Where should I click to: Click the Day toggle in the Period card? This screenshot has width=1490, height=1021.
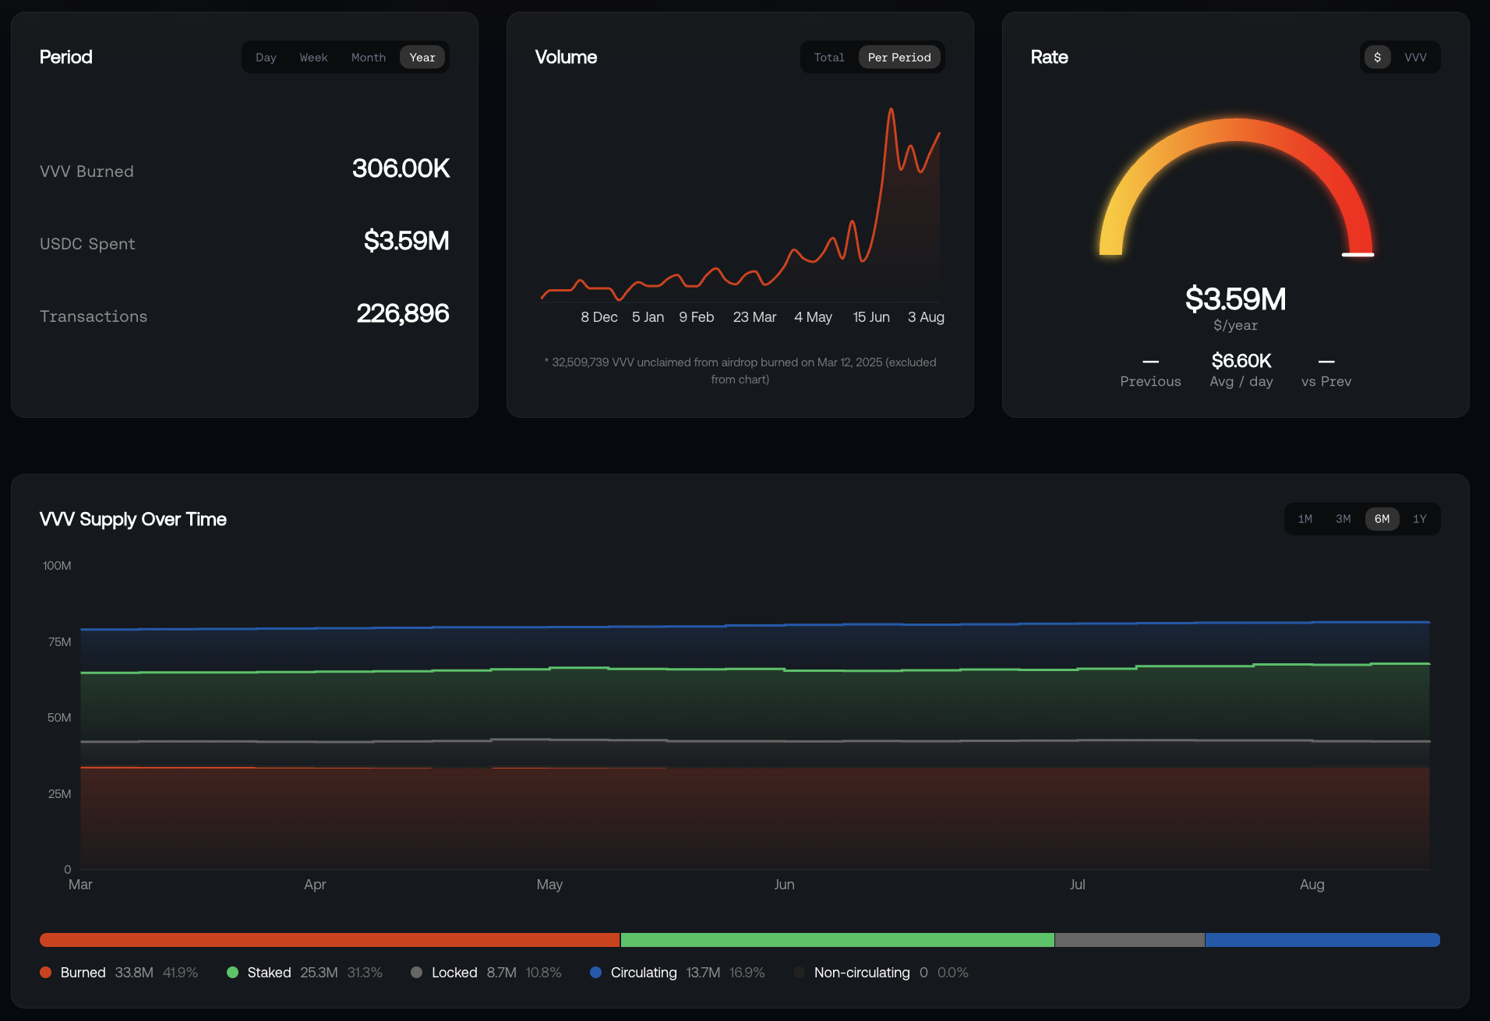(x=266, y=58)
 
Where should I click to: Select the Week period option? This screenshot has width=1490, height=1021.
(x=313, y=58)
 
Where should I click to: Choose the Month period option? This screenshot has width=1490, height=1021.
(x=369, y=58)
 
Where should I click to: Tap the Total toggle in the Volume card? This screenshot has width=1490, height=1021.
(x=829, y=58)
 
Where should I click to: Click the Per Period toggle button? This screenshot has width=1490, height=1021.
(x=899, y=58)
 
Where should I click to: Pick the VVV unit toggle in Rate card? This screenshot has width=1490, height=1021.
(x=1415, y=58)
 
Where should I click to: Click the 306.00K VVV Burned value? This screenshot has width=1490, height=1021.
(x=401, y=168)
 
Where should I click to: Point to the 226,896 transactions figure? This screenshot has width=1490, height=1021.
(x=402, y=313)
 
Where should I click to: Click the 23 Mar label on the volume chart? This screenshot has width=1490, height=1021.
(x=754, y=317)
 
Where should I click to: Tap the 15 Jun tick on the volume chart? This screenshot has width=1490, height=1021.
(x=871, y=317)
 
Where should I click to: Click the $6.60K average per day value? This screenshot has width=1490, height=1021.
(x=1241, y=361)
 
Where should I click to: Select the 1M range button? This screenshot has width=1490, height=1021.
(x=1305, y=519)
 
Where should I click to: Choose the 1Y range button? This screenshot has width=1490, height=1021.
(x=1420, y=519)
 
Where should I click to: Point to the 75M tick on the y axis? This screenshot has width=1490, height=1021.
(x=59, y=642)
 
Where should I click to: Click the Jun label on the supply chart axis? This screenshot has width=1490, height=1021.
(x=784, y=885)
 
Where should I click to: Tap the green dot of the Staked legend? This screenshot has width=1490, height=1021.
(x=232, y=973)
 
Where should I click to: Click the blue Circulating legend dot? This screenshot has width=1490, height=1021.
(x=596, y=973)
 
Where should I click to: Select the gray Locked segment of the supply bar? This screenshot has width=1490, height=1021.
(x=1130, y=940)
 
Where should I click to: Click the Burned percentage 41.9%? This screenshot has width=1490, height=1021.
(x=180, y=973)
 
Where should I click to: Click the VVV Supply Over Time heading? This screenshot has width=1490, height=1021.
(x=133, y=520)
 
